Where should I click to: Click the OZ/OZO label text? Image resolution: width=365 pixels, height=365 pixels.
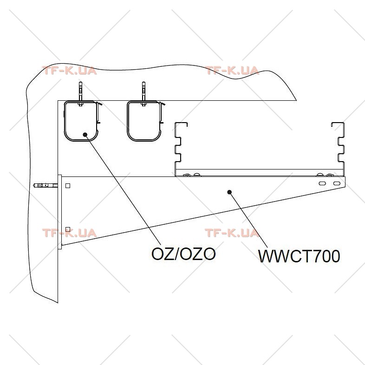pyautogui.click(x=183, y=254)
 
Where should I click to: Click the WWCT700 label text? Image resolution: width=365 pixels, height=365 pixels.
pyautogui.click(x=299, y=256)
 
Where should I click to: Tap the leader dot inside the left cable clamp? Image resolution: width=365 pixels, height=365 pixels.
pyautogui.click(x=85, y=135)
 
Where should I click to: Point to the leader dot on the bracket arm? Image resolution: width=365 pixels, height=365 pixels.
pyautogui.click(x=229, y=192)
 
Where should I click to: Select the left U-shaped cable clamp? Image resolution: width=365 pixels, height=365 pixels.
pyautogui.click(x=65, y=121)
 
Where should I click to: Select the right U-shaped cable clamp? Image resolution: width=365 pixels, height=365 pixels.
pyautogui.click(x=128, y=121)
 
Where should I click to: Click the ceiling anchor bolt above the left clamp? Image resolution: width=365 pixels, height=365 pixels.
pyautogui.click(x=80, y=94)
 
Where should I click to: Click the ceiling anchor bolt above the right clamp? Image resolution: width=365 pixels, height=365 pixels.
pyautogui.click(x=143, y=94)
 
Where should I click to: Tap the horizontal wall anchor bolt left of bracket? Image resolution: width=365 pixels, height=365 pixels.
pyautogui.click(x=46, y=186)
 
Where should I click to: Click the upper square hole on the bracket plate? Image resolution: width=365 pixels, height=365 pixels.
pyautogui.click(x=68, y=186)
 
